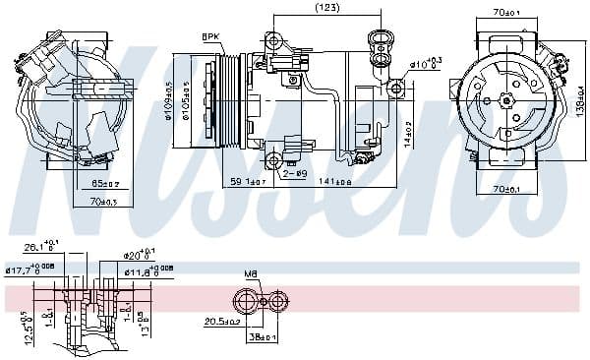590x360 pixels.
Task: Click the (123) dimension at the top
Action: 326,9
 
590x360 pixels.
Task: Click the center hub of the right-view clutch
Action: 507,99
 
